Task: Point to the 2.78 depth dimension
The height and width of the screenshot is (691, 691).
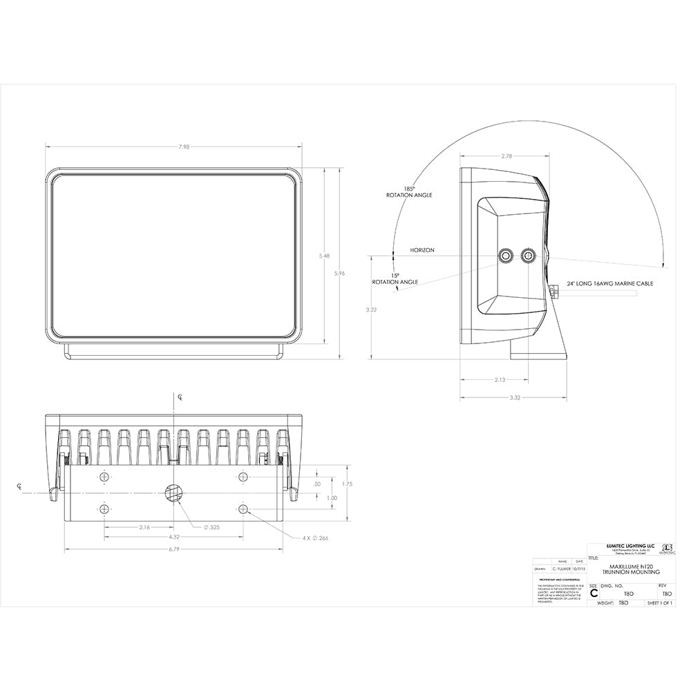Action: (507, 156)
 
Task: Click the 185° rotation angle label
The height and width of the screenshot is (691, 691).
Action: (409, 192)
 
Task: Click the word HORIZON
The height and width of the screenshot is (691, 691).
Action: (422, 250)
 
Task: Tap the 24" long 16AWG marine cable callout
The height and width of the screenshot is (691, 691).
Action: (610, 284)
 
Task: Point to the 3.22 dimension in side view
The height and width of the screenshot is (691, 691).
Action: (371, 310)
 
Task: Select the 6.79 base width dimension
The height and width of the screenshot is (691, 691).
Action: (173, 550)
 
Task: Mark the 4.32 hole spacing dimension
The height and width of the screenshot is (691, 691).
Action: (173, 537)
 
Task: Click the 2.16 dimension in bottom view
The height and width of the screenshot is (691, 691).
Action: (144, 527)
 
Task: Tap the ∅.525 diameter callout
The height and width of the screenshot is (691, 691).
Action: (211, 527)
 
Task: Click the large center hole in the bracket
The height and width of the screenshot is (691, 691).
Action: (173, 492)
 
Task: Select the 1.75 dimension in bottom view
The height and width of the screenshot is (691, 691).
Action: (347, 484)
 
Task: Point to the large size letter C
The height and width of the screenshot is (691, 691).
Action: (594, 593)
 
